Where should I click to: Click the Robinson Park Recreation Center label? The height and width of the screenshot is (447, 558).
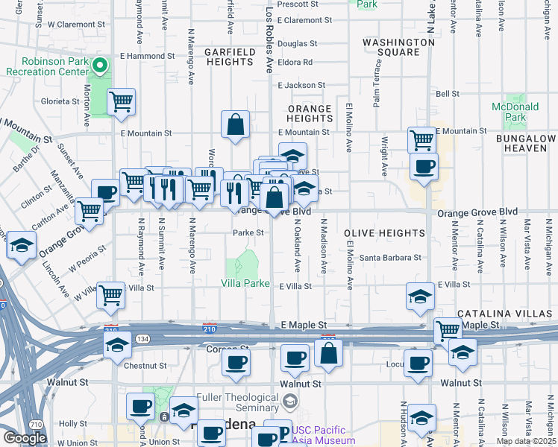(x=46, y=66)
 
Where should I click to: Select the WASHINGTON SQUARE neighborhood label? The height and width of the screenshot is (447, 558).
(x=398, y=48)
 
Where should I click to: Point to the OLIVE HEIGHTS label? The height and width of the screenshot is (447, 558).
(x=384, y=233)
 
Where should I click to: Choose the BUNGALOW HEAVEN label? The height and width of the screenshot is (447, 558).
(x=529, y=144)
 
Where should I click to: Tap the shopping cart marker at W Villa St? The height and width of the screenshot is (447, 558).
(x=110, y=294)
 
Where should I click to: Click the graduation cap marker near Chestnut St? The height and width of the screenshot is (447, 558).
(x=117, y=344)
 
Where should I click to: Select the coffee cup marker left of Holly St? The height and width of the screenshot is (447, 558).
(x=140, y=406)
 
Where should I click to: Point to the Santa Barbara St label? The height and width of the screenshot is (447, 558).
(x=391, y=258)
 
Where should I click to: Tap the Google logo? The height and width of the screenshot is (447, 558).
(x=24, y=438)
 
